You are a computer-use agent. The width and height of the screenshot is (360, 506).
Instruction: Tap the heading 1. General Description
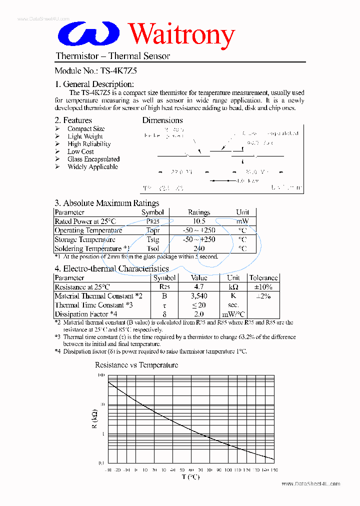(x=94, y=84)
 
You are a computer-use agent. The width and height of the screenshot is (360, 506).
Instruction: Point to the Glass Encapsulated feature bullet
(x=93, y=159)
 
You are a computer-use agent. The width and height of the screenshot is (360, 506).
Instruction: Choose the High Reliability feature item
(x=89, y=144)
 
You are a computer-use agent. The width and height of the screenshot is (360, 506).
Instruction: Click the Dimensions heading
(x=162, y=120)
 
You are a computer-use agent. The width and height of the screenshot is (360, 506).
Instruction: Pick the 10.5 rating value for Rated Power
(x=199, y=221)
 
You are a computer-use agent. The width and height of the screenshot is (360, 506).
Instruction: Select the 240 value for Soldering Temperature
(x=199, y=248)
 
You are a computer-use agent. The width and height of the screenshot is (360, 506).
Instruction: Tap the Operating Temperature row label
(x=88, y=230)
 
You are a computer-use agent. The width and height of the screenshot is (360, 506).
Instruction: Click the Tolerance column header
(x=263, y=278)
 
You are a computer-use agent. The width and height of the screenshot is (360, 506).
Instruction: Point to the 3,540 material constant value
(x=199, y=296)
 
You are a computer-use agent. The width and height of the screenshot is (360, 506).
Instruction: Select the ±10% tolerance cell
(x=263, y=287)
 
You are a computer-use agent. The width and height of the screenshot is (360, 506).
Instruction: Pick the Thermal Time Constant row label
(x=93, y=305)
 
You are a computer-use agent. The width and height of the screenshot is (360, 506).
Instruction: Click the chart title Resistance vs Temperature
(x=136, y=365)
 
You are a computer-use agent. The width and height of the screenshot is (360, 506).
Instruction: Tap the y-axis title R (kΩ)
(x=95, y=419)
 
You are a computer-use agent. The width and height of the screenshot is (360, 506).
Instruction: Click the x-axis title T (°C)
(x=190, y=477)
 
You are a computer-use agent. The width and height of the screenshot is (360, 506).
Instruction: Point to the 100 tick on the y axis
(x=101, y=375)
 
